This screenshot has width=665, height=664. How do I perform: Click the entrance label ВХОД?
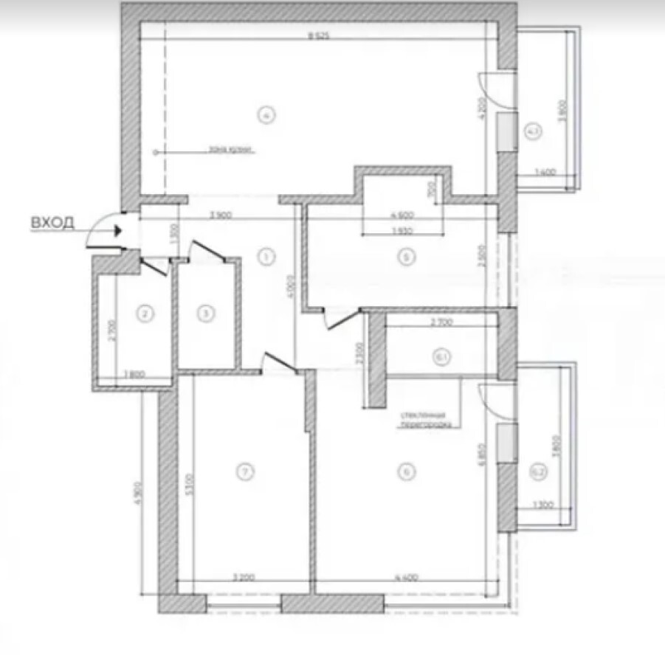(52, 222)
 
